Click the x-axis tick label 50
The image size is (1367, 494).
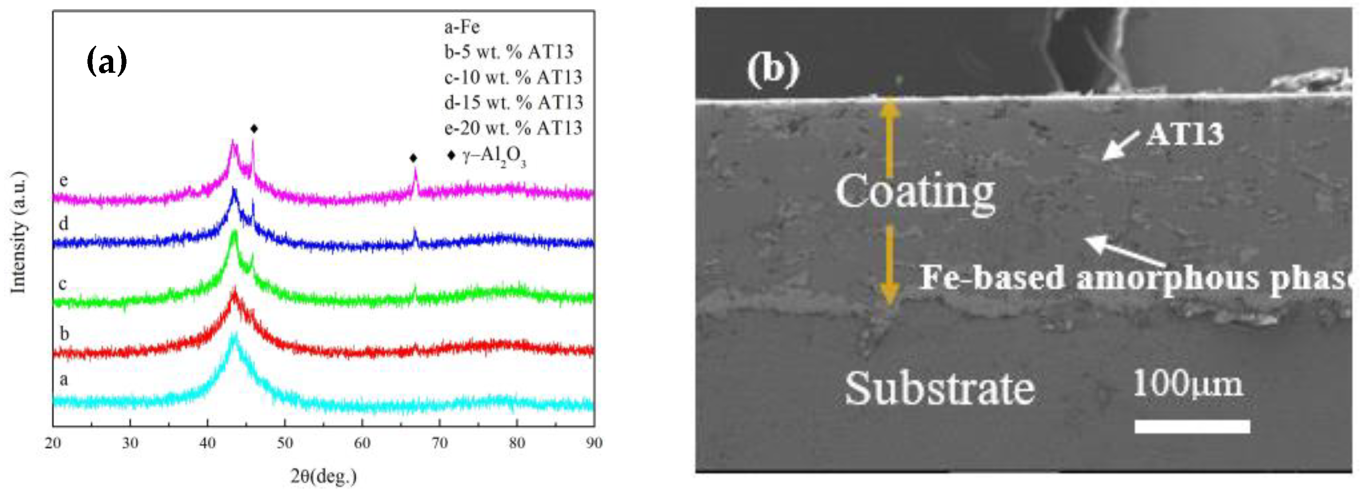click(284, 443)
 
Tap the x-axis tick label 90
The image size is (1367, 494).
click(594, 443)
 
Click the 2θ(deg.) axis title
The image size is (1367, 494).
click(323, 477)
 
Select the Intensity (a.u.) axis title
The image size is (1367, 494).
click(19, 232)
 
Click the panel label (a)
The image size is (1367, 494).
click(106, 61)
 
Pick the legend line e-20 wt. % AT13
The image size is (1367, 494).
click(513, 128)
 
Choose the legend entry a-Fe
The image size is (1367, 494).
click(462, 27)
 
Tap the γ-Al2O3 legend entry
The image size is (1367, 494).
click(487, 156)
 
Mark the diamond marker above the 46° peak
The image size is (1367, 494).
click(254, 128)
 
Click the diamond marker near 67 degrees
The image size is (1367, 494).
click(413, 158)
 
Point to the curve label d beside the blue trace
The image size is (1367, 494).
click(63, 223)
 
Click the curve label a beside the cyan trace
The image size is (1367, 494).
click(63, 379)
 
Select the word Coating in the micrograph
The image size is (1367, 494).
click(915, 192)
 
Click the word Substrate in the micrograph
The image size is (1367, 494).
click(939, 389)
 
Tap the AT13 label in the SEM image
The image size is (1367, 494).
click(1185, 134)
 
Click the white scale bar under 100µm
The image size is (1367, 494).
click(1192, 426)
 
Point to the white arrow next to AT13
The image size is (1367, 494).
click(1120, 146)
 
